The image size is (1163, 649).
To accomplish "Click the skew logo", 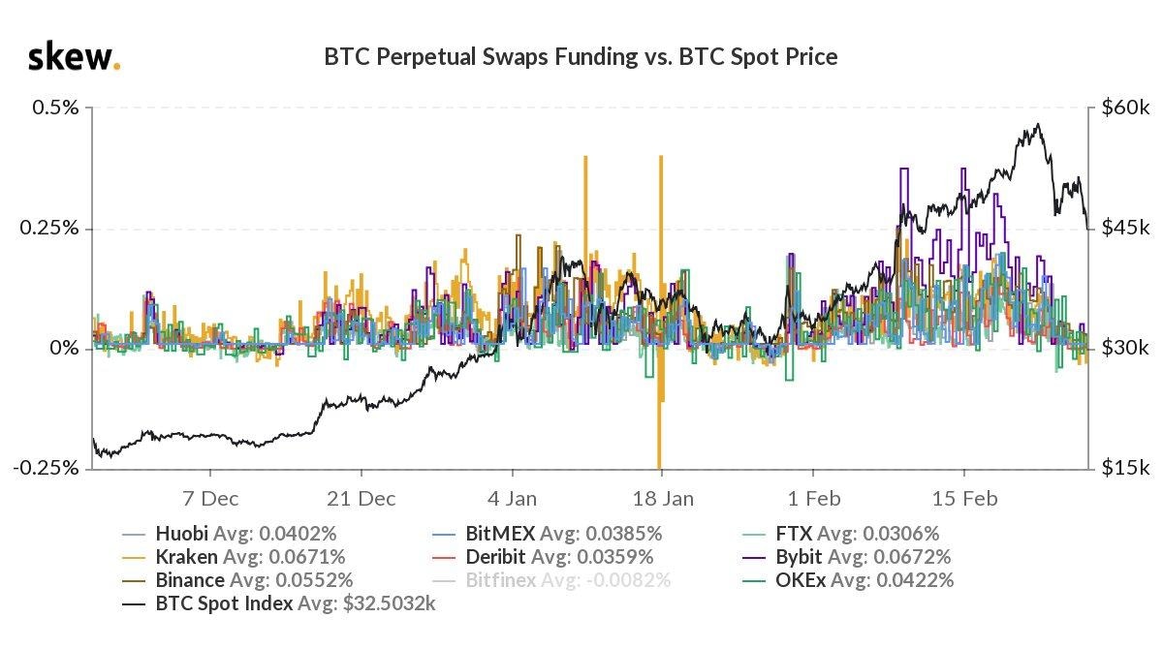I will pyautogui.click(x=74, y=58).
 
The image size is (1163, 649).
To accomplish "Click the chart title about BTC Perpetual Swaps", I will pyautogui.click(x=581, y=57).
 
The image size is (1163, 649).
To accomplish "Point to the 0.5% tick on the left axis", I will pyautogui.click(x=55, y=108).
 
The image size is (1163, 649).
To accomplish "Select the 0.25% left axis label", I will pyautogui.click(x=50, y=229).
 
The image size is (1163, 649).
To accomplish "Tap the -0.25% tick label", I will pyautogui.click(x=46, y=468).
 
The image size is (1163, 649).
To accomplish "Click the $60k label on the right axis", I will pyautogui.click(x=1124, y=108).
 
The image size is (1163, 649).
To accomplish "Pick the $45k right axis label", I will pyautogui.click(x=1124, y=229).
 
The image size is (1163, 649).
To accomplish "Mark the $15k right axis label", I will pyautogui.click(x=1124, y=468).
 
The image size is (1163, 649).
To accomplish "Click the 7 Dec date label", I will pyautogui.click(x=210, y=498).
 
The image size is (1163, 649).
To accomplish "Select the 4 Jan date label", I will pyautogui.click(x=511, y=498).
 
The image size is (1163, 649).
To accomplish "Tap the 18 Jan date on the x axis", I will pyautogui.click(x=662, y=498).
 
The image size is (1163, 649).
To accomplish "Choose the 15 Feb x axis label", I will pyautogui.click(x=963, y=498).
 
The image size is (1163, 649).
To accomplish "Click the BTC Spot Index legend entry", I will pyautogui.click(x=281, y=604).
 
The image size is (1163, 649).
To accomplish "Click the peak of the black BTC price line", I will pyautogui.click(x=1038, y=124).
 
